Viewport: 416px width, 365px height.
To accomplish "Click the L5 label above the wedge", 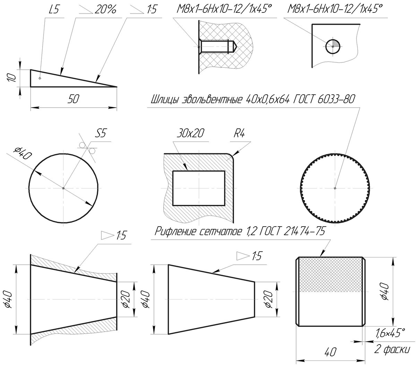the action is [x=54, y=10].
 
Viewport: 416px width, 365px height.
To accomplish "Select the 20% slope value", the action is [x=105, y=10].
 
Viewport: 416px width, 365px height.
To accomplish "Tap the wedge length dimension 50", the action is [x=73, y=99].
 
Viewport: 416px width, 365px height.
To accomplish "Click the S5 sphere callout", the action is [x=101, y=133].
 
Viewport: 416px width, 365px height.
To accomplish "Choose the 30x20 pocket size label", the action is [x=190, y=133].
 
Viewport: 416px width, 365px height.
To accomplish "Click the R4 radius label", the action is [x=239, y=133].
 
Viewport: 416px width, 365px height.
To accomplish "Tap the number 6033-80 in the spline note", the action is [x=336, y=99].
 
